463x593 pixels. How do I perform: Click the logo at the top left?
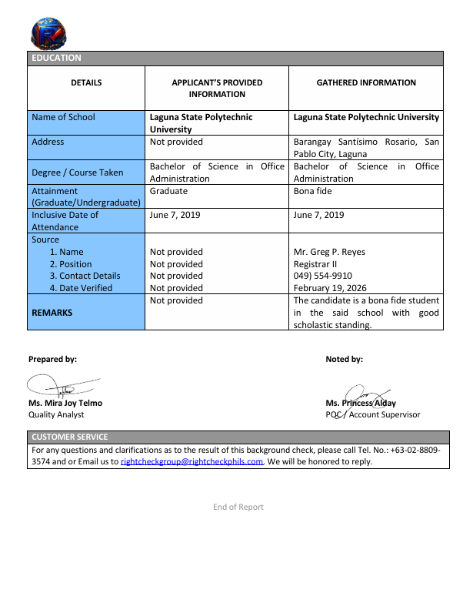(x=49, y=35)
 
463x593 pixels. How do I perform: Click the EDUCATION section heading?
(x=56, y=58)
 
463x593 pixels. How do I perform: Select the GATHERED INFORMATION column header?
(x=366, y=82)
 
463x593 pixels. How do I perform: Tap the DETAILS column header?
(x=86, y=82)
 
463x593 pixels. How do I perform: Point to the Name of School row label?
(x=64, y=117)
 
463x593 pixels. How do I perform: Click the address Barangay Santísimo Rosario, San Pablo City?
(x=366, y=148)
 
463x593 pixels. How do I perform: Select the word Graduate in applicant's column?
(x=168, y=191)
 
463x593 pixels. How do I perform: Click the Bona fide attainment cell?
(x=313, y=191)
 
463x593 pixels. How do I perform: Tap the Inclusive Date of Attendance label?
(x=65, y=221)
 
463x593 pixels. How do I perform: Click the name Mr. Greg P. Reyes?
(x=329, y=252)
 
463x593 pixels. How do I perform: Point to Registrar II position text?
(x=317, y=264)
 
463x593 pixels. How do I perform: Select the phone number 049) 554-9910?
(x=323, y=276)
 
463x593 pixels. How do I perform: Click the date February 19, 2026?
(x=331, y=288)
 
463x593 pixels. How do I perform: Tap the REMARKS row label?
(x=52, y=313)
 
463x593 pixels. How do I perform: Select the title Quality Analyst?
(x=56, y=414)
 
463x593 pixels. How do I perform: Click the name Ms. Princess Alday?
(x=361, y=403)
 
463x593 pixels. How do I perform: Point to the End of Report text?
(x=238, y=507)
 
